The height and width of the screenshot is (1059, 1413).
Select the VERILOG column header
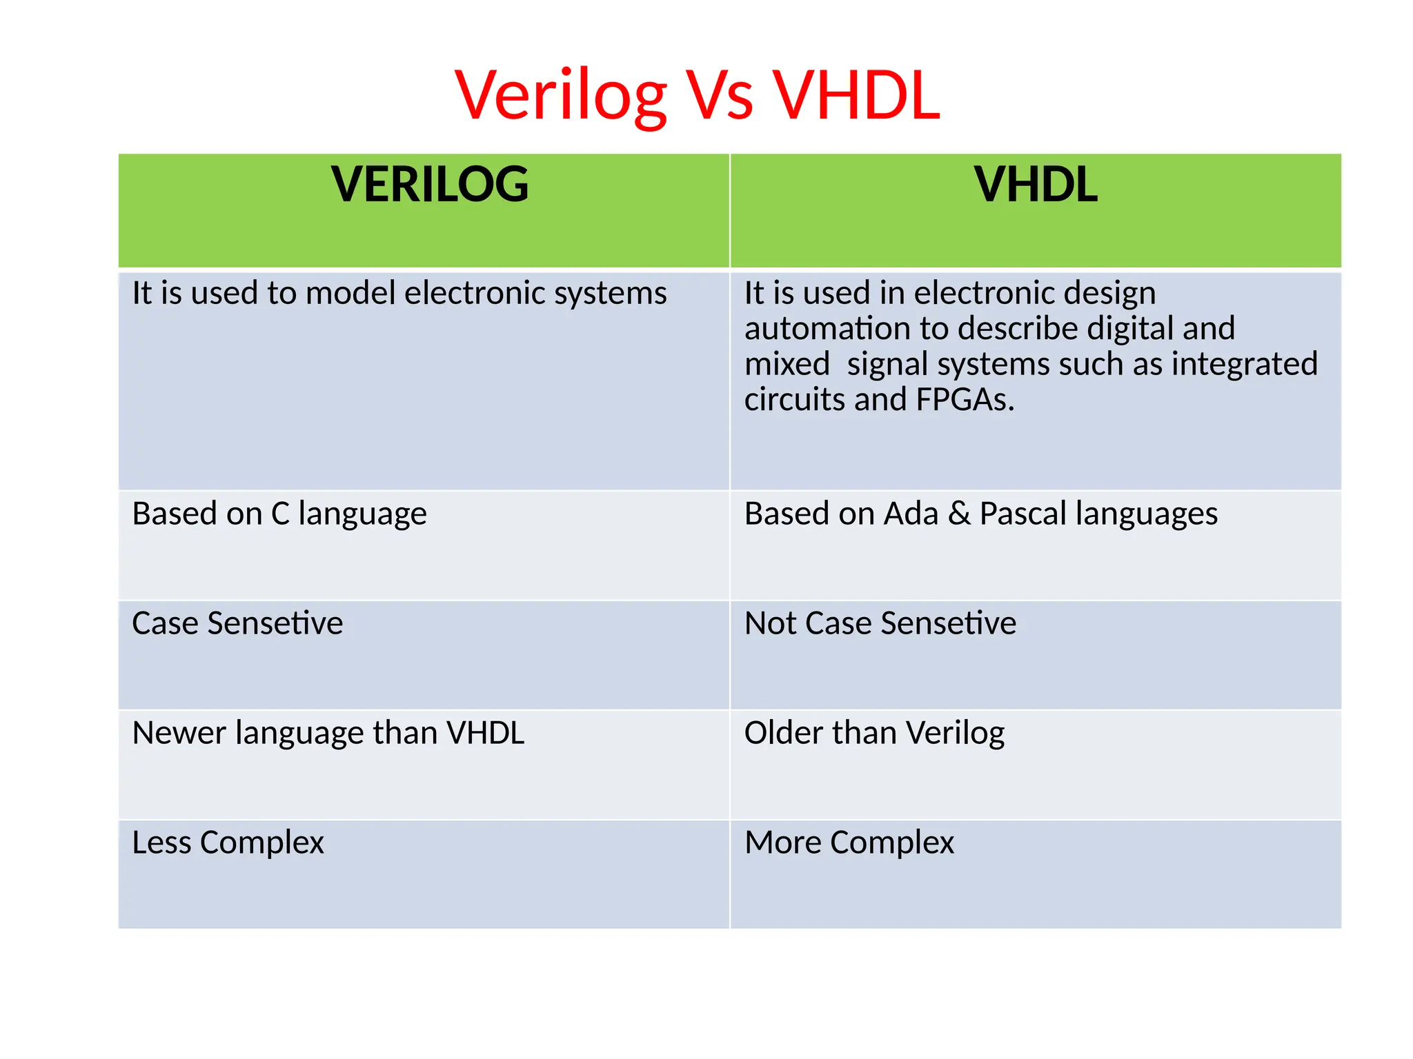coord(429,185)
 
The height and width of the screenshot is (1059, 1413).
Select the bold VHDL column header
coord(1035,185)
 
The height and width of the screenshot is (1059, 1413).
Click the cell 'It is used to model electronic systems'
coord(399,293)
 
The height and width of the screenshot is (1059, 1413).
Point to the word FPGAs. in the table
coord(965,400)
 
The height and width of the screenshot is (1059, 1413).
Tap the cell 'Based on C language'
coord(279,514)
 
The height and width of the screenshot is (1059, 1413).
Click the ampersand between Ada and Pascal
coord(959,514)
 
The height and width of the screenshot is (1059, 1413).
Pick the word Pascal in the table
coord(1022,514)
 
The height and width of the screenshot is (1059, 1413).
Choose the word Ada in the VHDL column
coord(911,514)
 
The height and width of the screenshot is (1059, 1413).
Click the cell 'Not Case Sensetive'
coord(880,623)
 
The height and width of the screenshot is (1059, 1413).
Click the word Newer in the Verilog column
coord(179,733)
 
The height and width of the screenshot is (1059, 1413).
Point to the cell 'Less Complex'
coord(228,843)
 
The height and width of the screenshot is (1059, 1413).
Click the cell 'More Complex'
coord(849,843)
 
